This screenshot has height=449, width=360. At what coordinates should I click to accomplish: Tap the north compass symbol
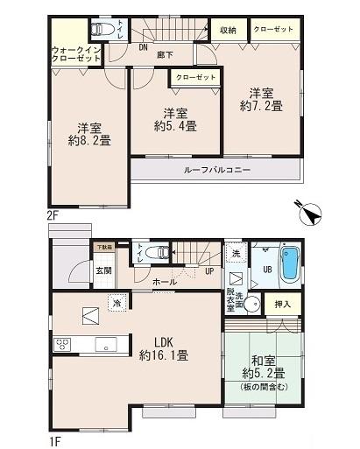pyautogui.click(x=309, y=212)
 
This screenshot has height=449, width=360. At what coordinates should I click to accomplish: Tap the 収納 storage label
pyautogui.click(x=229, y=29)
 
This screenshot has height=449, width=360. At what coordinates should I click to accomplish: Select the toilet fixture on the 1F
pyautogui.click(x=159, y=252)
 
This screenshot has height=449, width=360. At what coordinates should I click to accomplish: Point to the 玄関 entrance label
pyautogui.click(x=103, y=271)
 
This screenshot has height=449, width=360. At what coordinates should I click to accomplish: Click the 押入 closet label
pyautogui.click(x=282, y=305)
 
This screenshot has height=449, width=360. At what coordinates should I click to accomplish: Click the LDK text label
pyautogui.click(x=164, y=341)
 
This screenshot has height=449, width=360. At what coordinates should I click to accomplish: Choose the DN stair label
pyautogui.click(x=142, y=49)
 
